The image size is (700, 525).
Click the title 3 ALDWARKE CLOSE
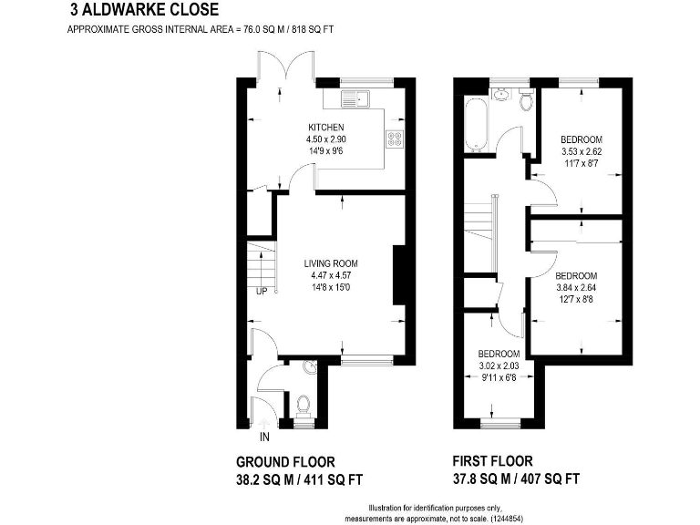[x=144, y=11]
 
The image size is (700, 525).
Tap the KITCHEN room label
[x=325, y=127]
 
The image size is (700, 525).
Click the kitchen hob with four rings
[x=396, y=139]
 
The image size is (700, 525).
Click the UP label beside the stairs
[x=262, y=292]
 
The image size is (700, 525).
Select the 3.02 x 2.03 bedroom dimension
[x=499, y=365]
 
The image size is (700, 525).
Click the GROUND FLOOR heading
[x=285, y=461]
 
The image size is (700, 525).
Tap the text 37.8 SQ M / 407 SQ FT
[x=516, y=479]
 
